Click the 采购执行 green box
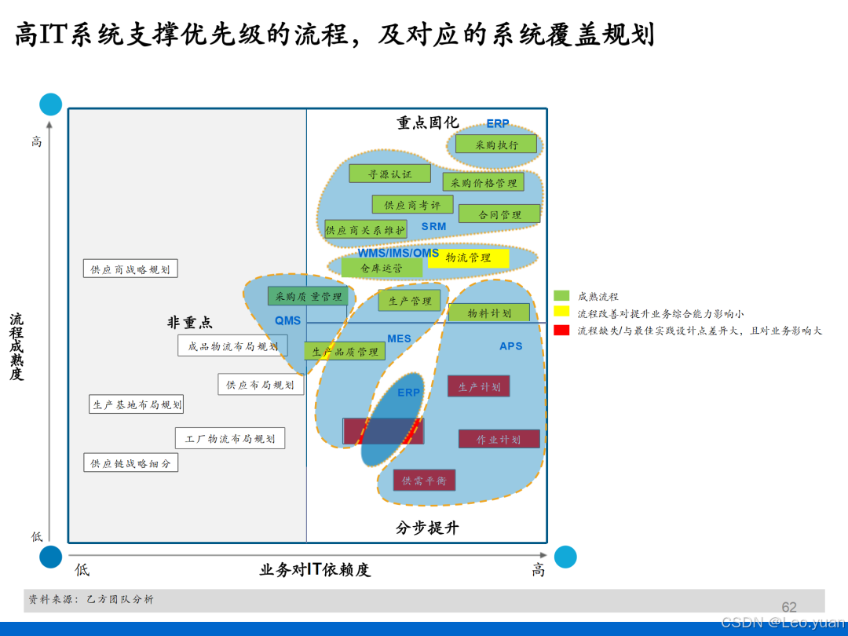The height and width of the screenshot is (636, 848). pyautogui.click(x=496, y=144)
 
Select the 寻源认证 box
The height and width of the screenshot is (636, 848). pyautogui.click(x=389, y=174)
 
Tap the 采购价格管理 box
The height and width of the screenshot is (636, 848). pyautogui.click(x=484, y=182)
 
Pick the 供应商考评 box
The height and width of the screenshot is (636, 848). pyautogui.click(x=412, y=205)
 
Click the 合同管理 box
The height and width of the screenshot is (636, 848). pyautogui.click(x=499, y=214)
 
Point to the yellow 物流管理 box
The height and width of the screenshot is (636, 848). pyautogui.click(x=469, y=258)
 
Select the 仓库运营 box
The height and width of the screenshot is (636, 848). pyautogui.click(x=382, y=268)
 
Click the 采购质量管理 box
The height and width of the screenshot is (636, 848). pyautogui.click(x=309, y=296)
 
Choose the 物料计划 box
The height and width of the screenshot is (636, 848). pyautogui.click(x=489, y=313)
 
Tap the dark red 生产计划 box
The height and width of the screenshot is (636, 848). pyautogui.click(x=479, y=386)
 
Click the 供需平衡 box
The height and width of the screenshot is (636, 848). pyautogui.click(x=424, y=480)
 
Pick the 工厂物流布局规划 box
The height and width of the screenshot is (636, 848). pyautogui.click(x=230, y=438)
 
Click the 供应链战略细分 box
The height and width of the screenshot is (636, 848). pyautogui.click(x=130, y=463)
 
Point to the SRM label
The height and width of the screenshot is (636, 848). pyautogui.click(x=433, y=227)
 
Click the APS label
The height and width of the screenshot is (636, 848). pyautogui.click(x=510, y=346)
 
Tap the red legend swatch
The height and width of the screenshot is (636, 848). pyautogui.click(x=561, y=331)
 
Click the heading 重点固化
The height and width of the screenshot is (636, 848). pyautogui.click(x=427, y=123)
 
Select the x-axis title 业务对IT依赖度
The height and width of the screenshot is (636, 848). pyautogui.click(x=315, y=570)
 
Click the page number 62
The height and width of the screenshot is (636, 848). pyautogui.click(x=789, y=607)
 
